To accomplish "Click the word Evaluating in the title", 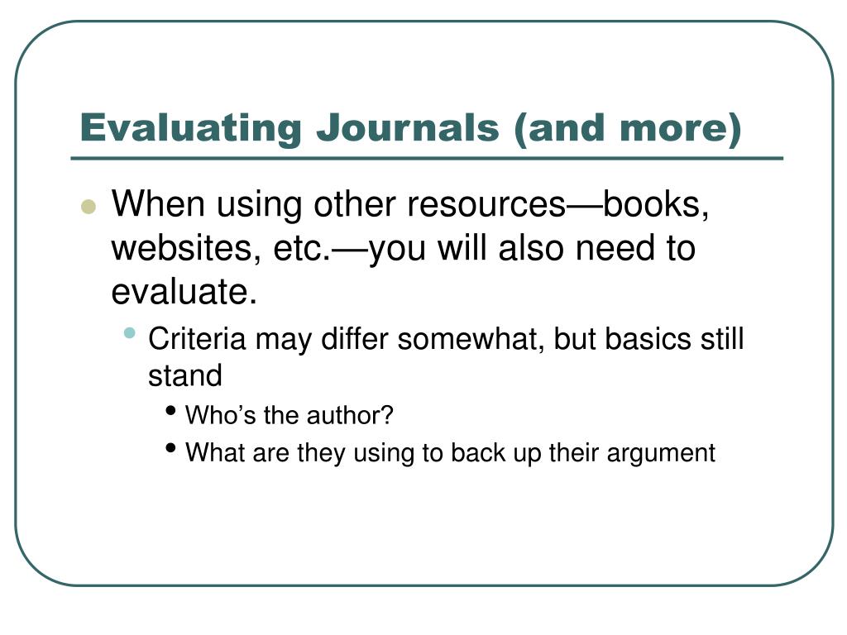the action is (x=191, y=129).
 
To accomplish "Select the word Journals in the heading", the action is (x=408, y=128).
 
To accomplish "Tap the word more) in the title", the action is (x=681, y=129).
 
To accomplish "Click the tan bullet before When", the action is (x=88, y=207).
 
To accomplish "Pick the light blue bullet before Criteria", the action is (x=129, y=332).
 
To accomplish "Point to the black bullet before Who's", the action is (x=170, y=411).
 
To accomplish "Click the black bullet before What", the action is (x=170, y=447).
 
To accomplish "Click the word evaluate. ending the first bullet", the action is (x=184, y=292).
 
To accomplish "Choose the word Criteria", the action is (x=197, y=339).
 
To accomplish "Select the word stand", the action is (x=185, y=375).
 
